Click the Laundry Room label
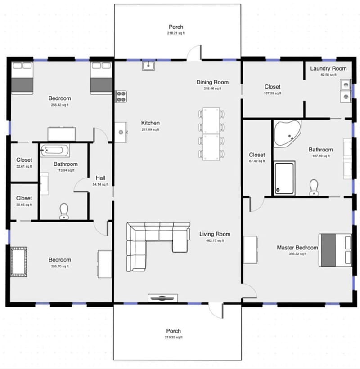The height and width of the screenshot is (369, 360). (328, 68)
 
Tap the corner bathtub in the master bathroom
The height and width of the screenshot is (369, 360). (286, 133)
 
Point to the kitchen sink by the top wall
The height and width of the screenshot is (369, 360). (148, 66)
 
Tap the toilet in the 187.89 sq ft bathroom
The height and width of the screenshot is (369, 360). (314, 187)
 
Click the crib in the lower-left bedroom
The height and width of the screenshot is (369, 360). (18, 261)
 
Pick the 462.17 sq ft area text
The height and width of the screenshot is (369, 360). (215, 240)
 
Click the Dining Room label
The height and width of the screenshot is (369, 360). (212, 82)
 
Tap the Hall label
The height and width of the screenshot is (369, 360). (100, 178)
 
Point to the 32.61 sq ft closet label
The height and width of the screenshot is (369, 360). (24, 160)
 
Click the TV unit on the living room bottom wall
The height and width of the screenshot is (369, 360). (161, 298)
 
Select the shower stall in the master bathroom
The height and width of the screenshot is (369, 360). (284, 178)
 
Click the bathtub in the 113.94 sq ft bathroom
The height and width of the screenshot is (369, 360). (54, 150)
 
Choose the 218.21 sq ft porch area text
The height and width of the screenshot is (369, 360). (176, 33)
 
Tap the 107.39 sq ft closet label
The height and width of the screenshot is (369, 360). (272, 87)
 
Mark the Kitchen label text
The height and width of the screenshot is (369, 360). (150, 123)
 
